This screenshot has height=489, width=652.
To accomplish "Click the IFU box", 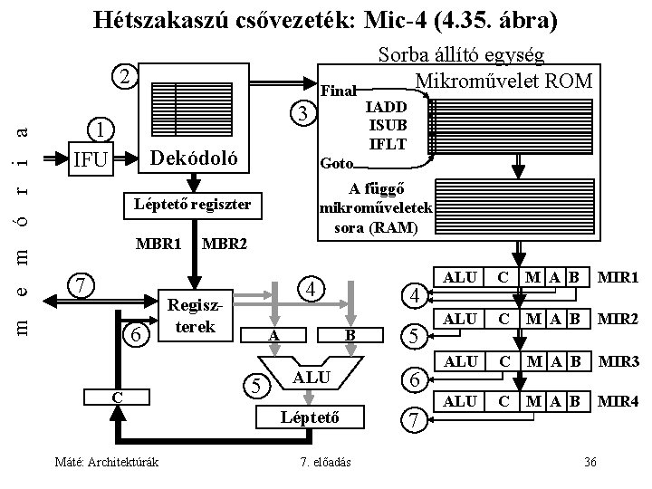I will pos(91,160).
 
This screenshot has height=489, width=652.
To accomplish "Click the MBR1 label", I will pos(159,244).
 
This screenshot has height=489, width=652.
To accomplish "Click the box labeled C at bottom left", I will pos(118,397).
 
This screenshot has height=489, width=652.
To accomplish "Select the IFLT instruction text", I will pos(385,143).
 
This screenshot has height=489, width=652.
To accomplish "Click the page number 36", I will pos(590,463).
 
